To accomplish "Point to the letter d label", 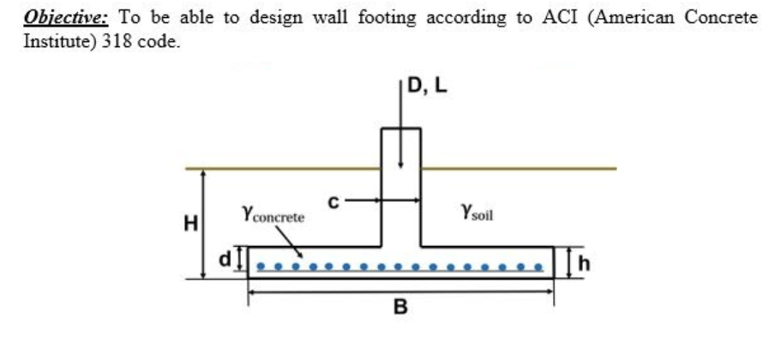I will (226, 256).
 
